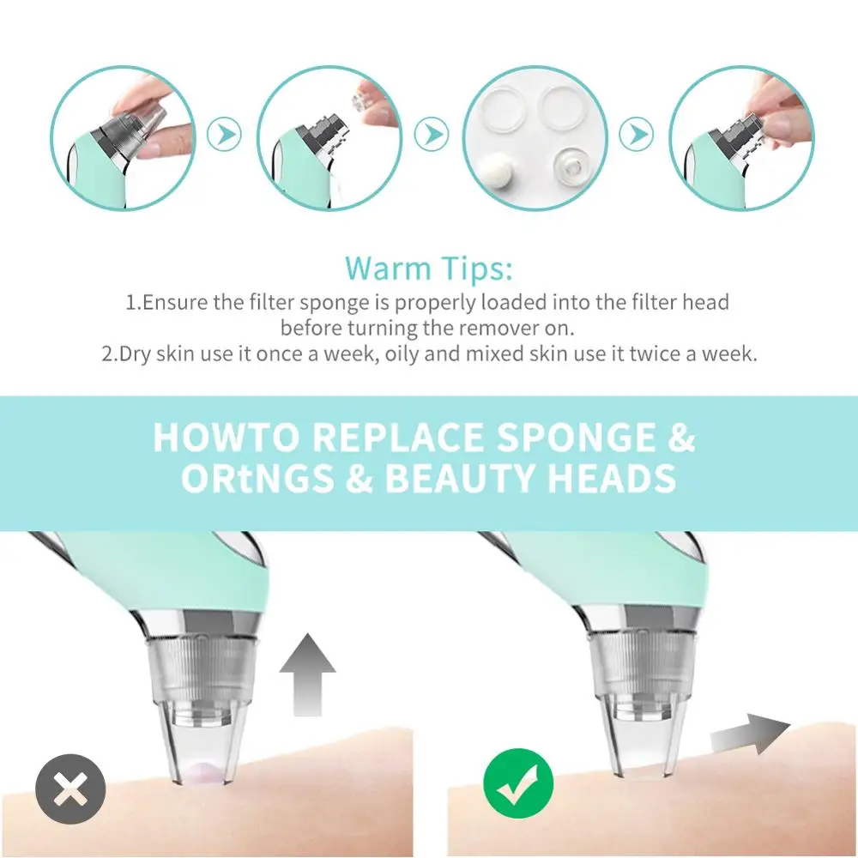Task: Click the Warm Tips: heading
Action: [x=429, y=269]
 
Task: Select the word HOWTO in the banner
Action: [x=227, y=438]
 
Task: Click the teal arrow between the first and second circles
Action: [x=226, y=134]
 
